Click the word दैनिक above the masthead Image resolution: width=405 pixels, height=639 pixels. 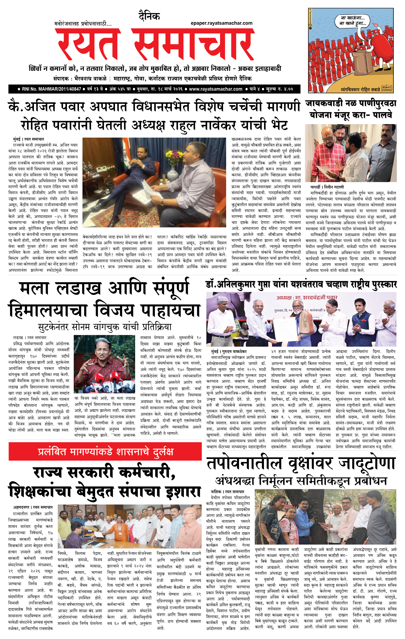tap(149, 17)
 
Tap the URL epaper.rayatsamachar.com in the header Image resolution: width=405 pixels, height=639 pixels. tap(221, 23)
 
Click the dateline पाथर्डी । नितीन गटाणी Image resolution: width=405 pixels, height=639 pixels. tap(327, 187)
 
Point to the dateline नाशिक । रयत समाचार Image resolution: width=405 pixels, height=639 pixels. tap(227, 492)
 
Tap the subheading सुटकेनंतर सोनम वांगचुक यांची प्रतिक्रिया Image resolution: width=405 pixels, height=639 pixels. tap(105, 327)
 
